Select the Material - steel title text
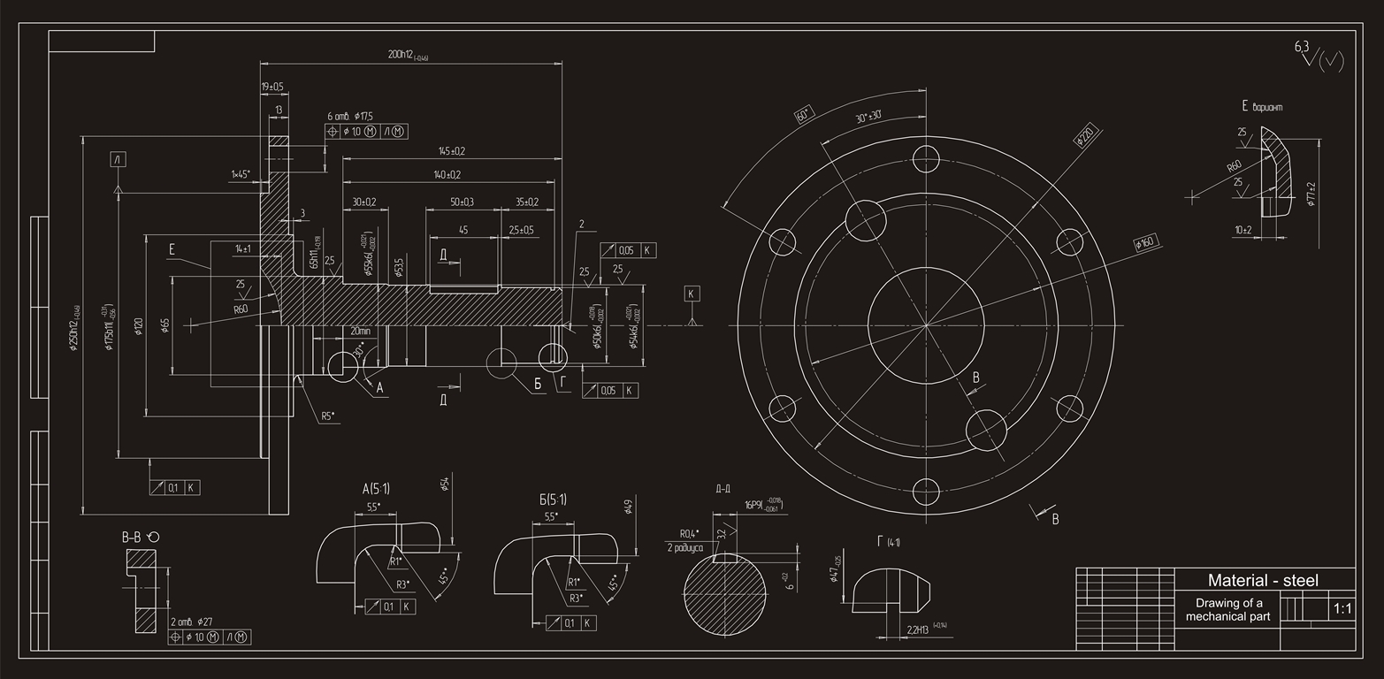[1262, 581]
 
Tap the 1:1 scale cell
[1342, 609]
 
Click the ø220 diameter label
[1085, 135]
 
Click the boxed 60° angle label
[803, 115]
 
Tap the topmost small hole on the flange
[926, 158]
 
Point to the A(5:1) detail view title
[376, 488]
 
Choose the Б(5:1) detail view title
[553, 500]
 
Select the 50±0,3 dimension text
[462, 202]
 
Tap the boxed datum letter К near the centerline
[692, 293]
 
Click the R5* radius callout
[328, 416]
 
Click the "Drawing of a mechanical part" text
[1229, 610]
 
